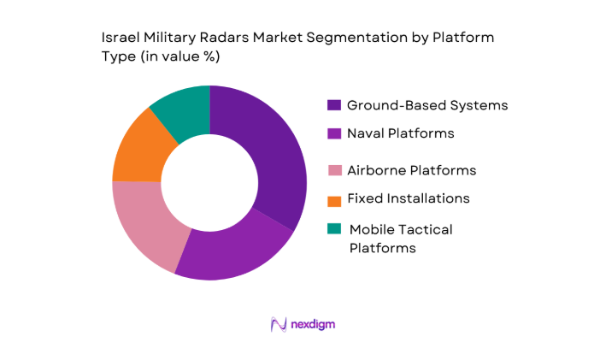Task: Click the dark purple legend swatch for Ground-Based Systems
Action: (x=333, y=106)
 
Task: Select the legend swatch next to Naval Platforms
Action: (x=333, y=133)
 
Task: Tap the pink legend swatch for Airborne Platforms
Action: (x=333, y=170)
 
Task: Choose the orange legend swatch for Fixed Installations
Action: (x=333, y=198)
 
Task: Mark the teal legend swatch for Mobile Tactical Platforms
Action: (x=333, y=229)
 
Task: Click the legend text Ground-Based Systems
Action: (x=426, y=106)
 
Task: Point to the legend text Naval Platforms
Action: (x=400, y=133)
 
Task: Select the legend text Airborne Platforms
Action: (x=411, y=170)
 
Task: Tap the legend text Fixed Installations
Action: (x=408, y=198)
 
